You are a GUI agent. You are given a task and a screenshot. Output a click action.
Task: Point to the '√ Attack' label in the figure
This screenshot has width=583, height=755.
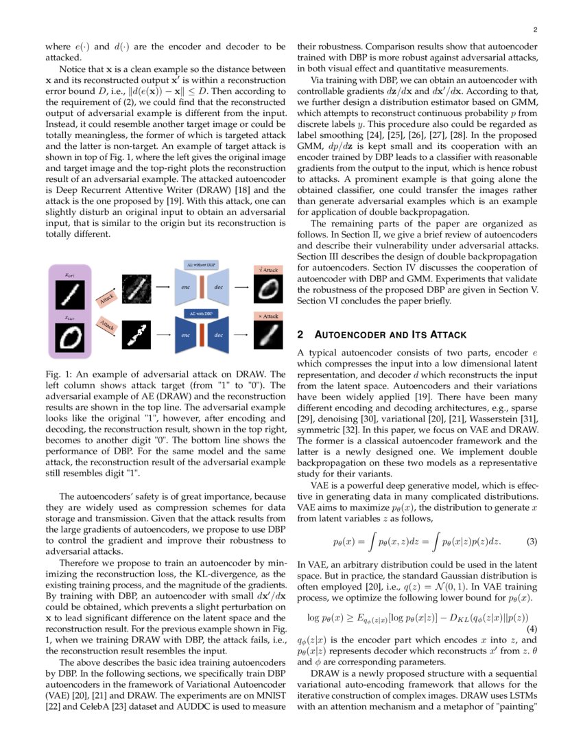267,270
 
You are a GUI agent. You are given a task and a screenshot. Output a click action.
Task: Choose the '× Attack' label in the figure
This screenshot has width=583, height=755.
267,316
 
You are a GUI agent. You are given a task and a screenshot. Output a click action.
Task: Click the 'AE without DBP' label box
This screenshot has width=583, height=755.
203,264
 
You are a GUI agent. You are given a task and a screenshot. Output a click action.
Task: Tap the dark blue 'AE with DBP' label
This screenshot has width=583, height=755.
203,314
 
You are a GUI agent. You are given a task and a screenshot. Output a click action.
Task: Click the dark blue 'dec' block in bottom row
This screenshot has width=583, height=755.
219,336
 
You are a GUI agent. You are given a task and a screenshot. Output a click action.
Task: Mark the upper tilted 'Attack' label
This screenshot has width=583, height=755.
106,299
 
